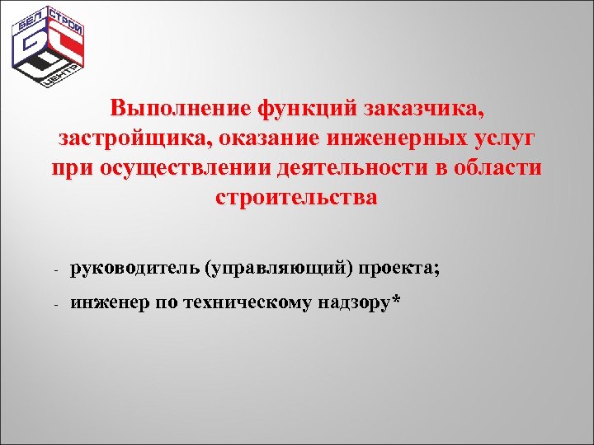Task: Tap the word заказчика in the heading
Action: click(428, 108)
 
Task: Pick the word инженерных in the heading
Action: click(397, 138)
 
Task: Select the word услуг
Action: click(502, 138)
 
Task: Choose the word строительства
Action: click(296, 198)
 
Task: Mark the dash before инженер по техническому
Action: click(53, 306)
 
